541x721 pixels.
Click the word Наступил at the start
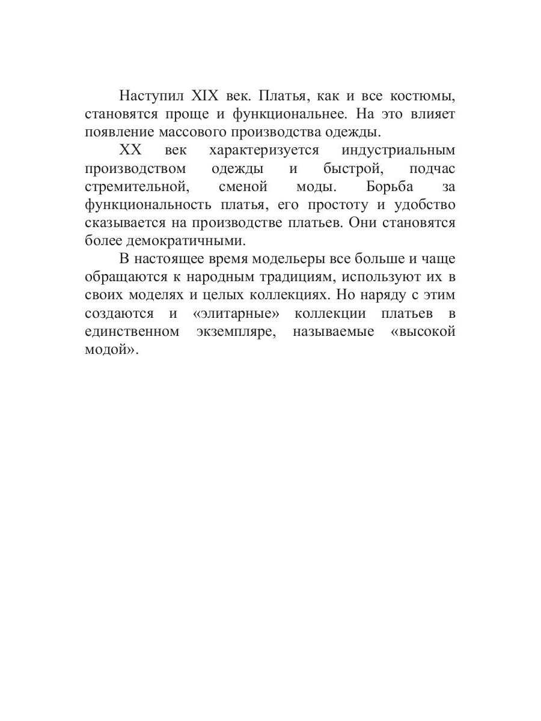click(150, 96)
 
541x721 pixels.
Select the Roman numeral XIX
click(207, 96)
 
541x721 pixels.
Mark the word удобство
click(424, 204)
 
